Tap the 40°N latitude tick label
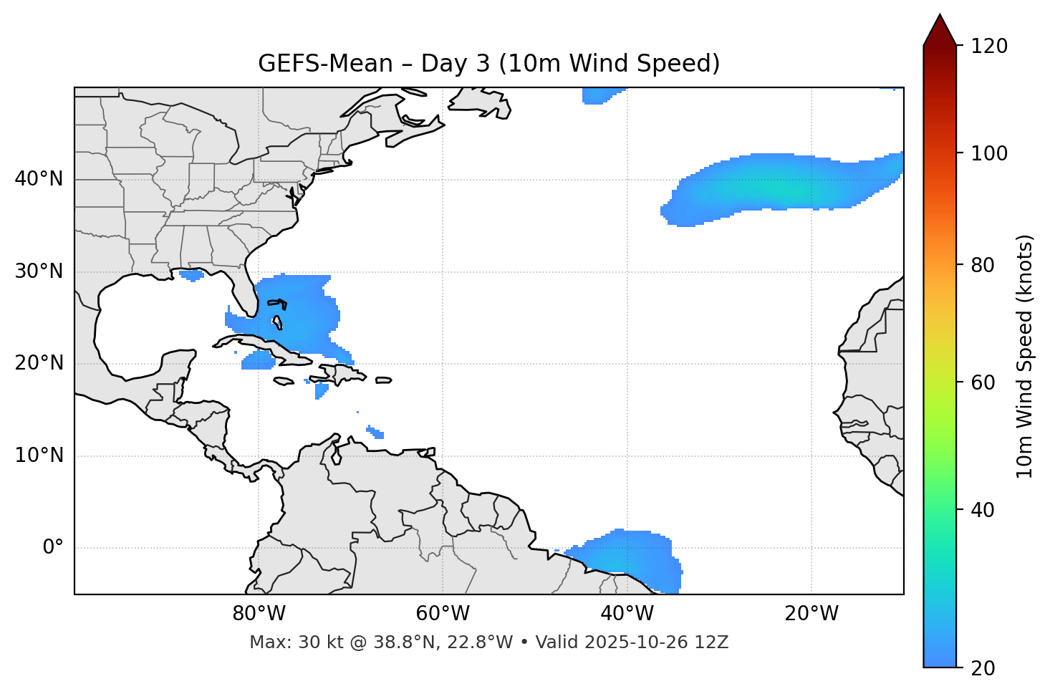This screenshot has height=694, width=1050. pos(39,179)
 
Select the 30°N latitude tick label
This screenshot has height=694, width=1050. pos(39,271)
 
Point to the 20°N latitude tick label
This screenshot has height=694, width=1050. pos(39,363)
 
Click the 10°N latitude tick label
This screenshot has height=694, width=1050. pos(39,456)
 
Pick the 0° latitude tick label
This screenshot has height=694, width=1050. pos(53,548)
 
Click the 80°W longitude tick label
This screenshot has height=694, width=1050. pos(259,614)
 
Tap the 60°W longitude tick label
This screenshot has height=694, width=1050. pos(443,614)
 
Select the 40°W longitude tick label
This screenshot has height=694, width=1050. pos(627,614)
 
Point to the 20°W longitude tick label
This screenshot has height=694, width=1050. pos(811,614)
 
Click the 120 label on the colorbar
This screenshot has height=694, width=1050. pos(989,47)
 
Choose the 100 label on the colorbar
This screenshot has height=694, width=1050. pos(989,153)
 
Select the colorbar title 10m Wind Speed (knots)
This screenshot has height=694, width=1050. pos(1025,356)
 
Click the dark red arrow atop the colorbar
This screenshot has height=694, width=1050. pos(939,31)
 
